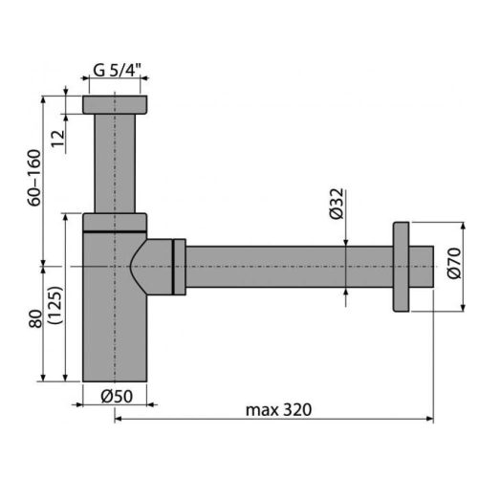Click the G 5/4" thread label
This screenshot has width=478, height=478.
point(118,70)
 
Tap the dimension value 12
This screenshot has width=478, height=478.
point(58,139)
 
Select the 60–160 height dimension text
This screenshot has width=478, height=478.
point(34,178)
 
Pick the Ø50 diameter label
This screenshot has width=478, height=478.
point(117,397)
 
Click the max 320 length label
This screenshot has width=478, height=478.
point(278,410)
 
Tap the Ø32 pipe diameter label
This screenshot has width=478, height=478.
point(337,204)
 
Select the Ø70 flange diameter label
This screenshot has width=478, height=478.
point(454,263)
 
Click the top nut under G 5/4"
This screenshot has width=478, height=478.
point(115,104)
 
